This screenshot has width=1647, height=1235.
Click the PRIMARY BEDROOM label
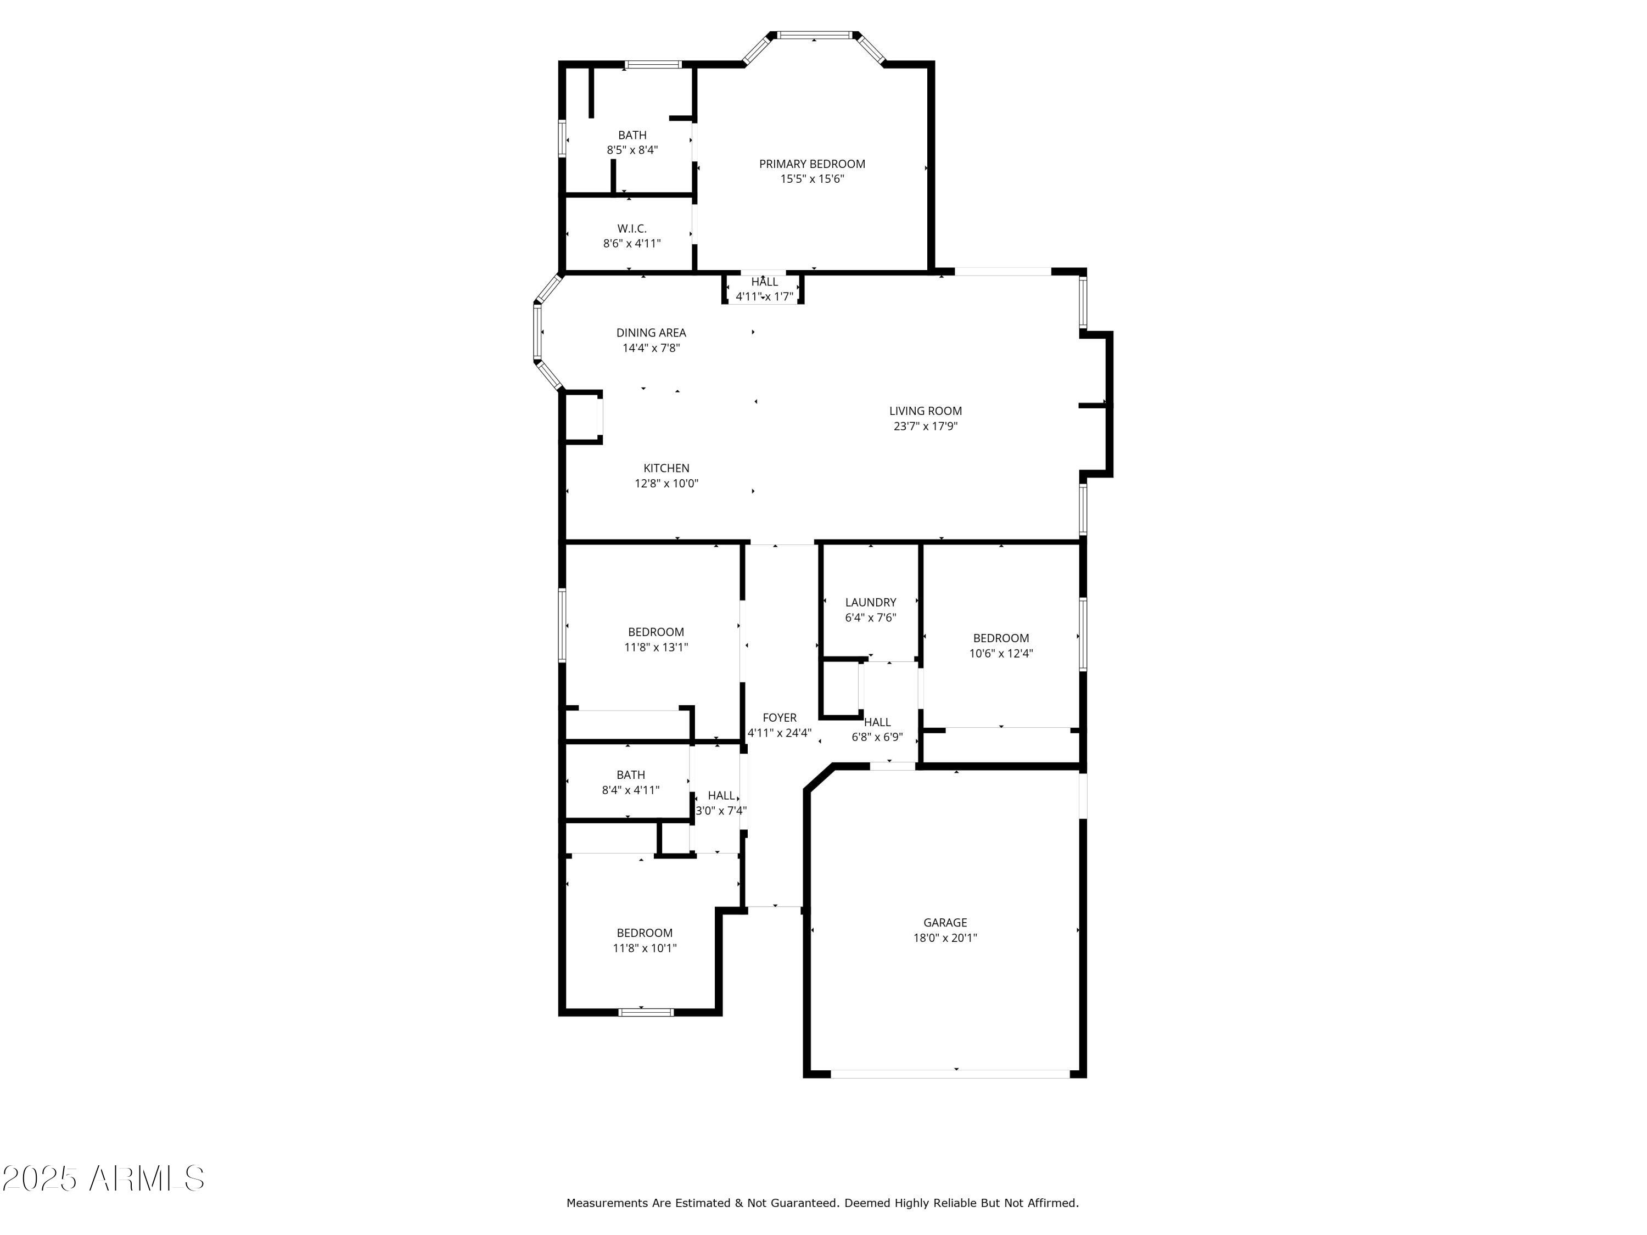(x=811, y=164)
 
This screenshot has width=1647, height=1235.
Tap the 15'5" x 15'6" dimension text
(x=811, y=178)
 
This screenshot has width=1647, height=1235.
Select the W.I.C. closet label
(x=631, y=228)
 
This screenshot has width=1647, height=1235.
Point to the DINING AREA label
(x=651, y=333)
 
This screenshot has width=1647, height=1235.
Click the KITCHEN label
(x=666, y=468)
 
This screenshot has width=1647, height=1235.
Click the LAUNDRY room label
(x=870, y=602)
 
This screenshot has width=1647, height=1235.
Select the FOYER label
(x=780, y=717)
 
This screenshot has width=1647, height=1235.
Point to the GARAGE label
(x=945, y=922)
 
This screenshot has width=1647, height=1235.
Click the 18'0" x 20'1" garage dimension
(x=945, y=938)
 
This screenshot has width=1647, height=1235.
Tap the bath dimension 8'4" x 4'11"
(x=631, y=790)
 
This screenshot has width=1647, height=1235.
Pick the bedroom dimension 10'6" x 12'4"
(x=1001, y=654)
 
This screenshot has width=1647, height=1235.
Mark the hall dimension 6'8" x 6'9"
(x=877, y=738)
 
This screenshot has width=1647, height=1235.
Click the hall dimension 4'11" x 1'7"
(x=765, y=297)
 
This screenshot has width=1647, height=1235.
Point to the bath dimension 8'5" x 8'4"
(x=632, y=150)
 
